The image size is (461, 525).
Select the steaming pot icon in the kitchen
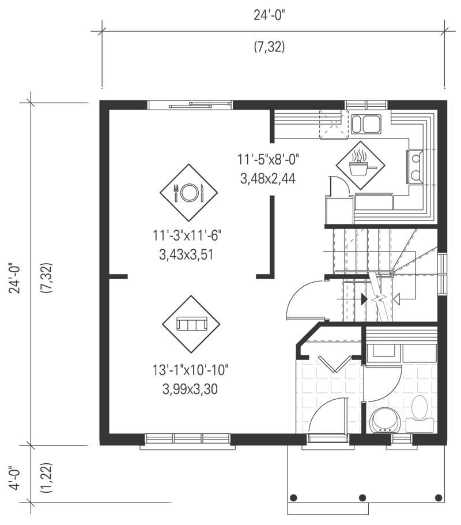(360, 165)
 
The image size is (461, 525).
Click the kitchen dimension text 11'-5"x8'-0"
(268, 159)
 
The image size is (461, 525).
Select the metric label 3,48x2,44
(268, 179)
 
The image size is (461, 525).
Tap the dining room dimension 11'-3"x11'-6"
(187, 235)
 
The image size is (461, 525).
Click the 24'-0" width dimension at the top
(269, 16)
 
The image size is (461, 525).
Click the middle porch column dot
(362, 497)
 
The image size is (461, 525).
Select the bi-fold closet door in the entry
(332, 363)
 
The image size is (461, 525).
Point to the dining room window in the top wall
(190, 105)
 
